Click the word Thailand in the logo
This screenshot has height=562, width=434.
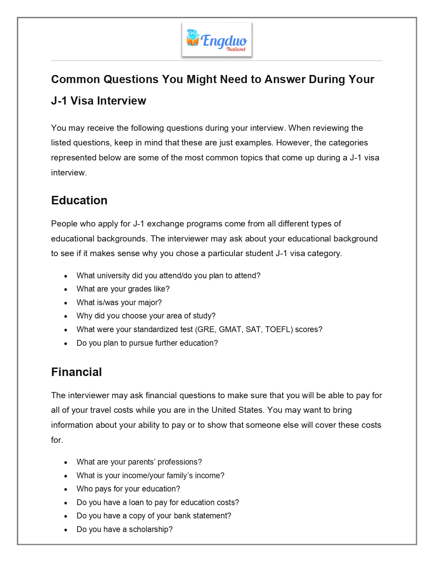pyautogui.click(x=236, y=49)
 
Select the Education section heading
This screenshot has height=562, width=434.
pyautogui.click(x=79, y=200)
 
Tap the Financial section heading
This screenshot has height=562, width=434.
pyautogui.click(x=77, y=372)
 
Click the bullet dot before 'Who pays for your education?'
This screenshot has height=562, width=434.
pyautogui.click(x=66, y=489)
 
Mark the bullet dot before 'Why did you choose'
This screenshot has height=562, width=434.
pyautogui.click(x=66, y=316)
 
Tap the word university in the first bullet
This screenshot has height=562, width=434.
pyautogui.click(x=113, y=276)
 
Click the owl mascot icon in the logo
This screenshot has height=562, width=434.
pyautogui.click(x=193, y=38)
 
